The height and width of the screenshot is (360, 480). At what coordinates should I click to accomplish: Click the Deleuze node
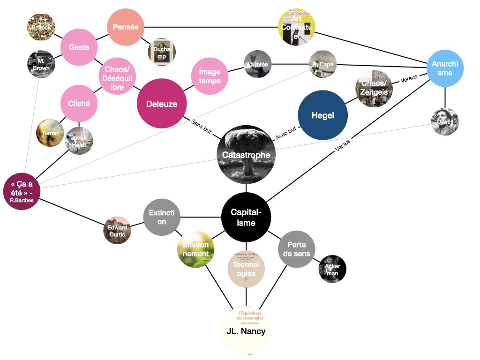click(x=162, y=104)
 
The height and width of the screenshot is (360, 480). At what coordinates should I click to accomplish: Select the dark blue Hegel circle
click(x=323, y=115)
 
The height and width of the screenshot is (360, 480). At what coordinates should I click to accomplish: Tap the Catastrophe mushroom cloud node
click(x=246, y=155)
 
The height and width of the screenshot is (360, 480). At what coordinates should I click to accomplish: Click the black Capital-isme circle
click(x=246, y=217)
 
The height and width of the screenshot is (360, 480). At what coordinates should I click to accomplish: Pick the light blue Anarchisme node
click(x=445, y=68)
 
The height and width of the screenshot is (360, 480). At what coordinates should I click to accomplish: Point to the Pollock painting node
click(x=41, y=27)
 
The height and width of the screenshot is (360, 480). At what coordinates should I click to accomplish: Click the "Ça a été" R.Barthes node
click(x=22, y=192)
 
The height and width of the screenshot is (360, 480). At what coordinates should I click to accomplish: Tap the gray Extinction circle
click(x=162, y=217)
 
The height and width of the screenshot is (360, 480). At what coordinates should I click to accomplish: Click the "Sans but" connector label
click(x=202, y=126)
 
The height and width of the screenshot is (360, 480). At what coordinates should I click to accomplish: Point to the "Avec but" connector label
click(x=285, y=133)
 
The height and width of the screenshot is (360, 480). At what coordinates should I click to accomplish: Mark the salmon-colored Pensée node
click(x=126, y=27)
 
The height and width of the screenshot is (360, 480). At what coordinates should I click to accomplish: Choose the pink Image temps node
click(x=210, y=76)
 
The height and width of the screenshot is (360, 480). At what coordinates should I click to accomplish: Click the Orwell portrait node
click(x=445, y=122)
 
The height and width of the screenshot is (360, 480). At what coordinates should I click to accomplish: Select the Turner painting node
click(x=50, y=133)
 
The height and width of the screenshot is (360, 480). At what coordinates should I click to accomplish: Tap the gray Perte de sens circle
click(x=297, y=249)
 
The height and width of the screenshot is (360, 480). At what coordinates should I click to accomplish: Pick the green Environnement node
click(x=196, y=249)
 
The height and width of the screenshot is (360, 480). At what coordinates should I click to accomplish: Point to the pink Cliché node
click(x=79, y=104)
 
